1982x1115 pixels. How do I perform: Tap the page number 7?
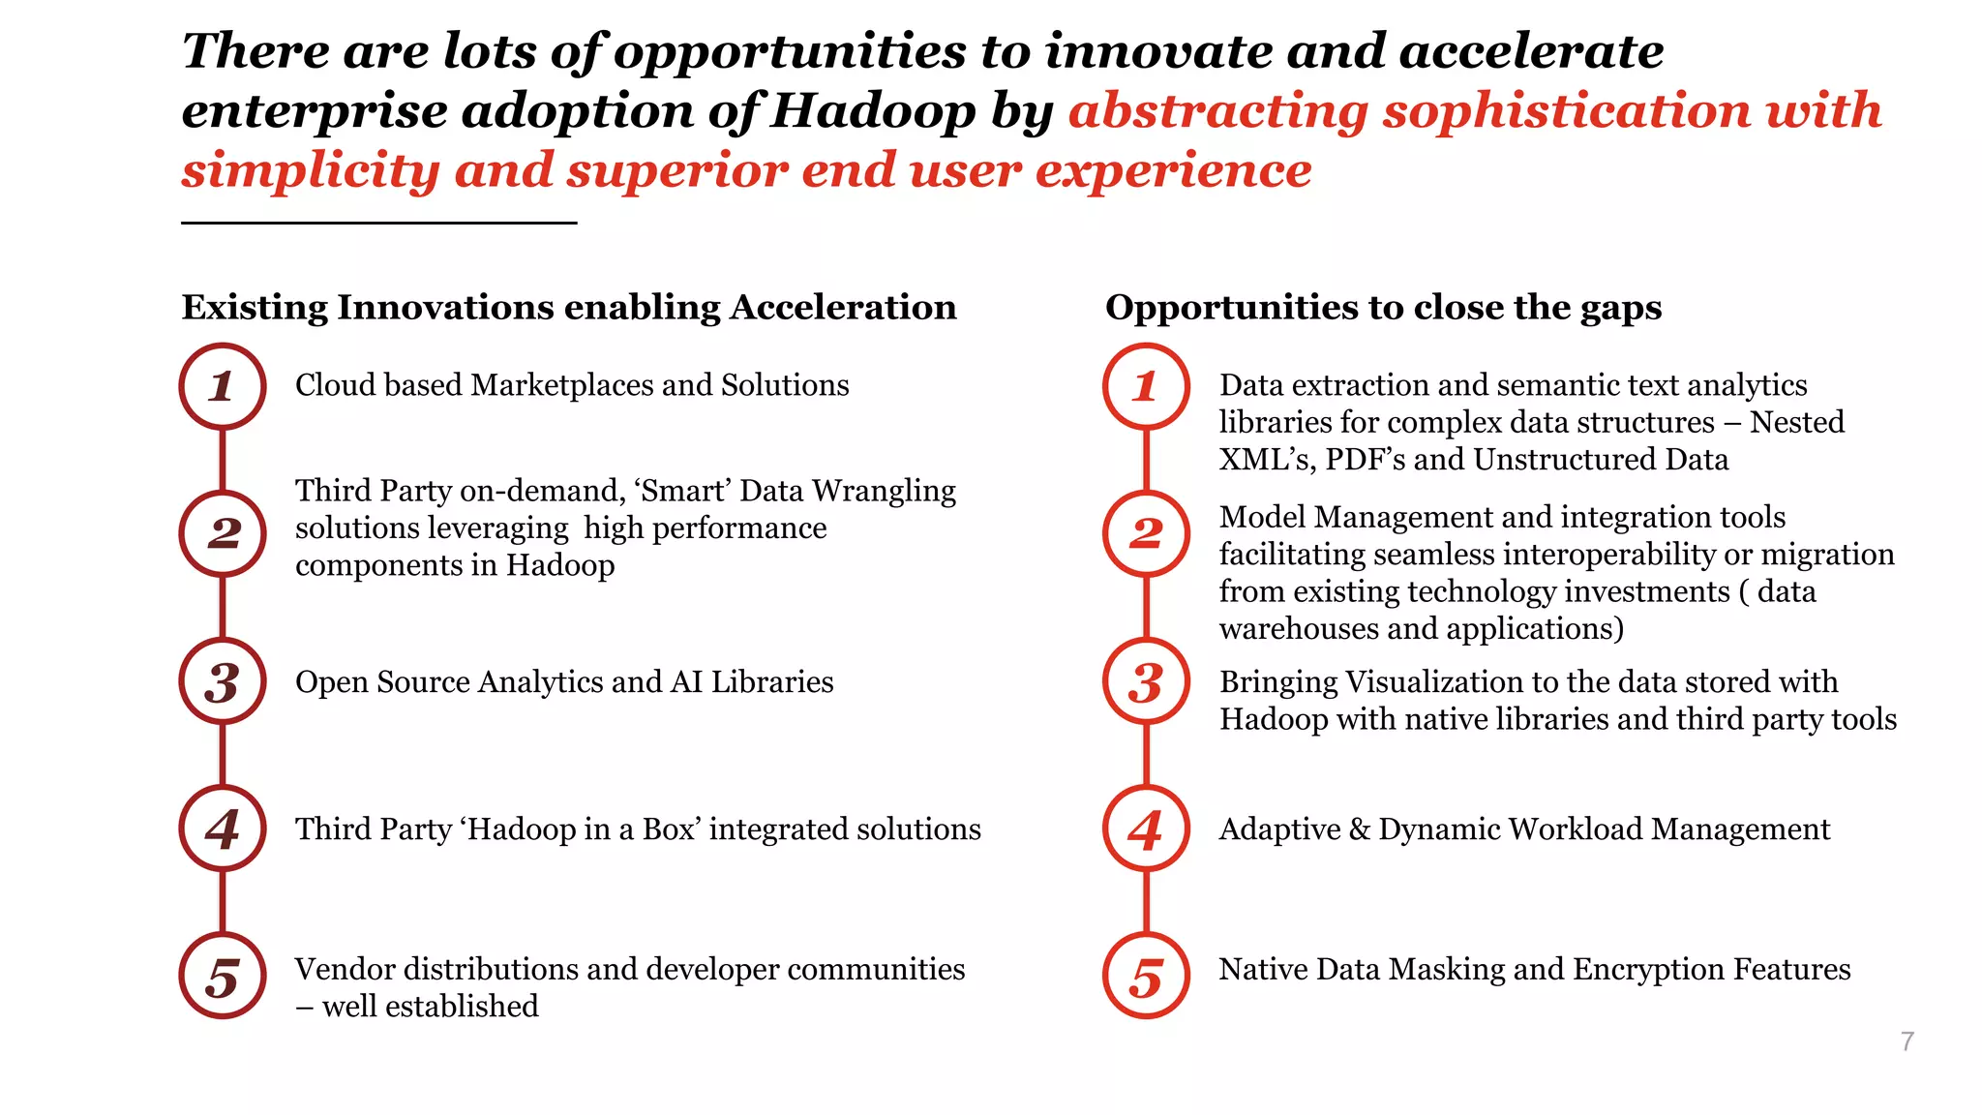point(1907,1041)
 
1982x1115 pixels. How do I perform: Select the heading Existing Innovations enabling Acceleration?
point(569,307)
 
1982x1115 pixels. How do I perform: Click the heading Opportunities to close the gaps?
point(1383,307)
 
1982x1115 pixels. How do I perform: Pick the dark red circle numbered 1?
point(223,386)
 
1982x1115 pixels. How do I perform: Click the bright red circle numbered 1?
point(1146,386)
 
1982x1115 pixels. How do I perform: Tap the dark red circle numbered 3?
point(223,681)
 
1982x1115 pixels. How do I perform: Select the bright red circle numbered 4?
point(1146,829)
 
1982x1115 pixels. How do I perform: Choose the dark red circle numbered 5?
point(223,976)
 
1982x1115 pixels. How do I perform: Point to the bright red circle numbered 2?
point(1146,533)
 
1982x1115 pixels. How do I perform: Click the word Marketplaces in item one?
point(562,385)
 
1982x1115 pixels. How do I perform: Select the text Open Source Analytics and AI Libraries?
point(564,682)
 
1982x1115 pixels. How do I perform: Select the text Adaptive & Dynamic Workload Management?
point(1524,829)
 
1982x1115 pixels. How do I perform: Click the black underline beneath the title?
point(378,223)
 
